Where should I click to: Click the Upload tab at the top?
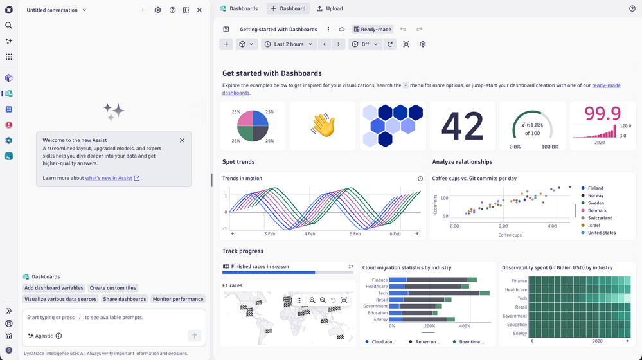tap(330, 8)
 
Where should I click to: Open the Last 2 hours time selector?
tap(289, 44)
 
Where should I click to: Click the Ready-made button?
tap(373, 30)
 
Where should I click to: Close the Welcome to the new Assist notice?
tap(183, 140)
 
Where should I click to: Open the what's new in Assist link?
tap(109, 178)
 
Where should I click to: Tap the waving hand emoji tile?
tap(323, 126)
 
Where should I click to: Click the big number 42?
tap(462, 126)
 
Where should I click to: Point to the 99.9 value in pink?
tap(602, 113)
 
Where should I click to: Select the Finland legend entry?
tap(595, 188)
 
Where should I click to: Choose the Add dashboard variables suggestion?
tap(53, 288)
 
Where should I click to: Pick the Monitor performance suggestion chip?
tap(178, 299)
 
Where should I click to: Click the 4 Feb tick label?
tap(310, 234)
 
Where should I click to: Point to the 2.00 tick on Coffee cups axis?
tap(503, 226)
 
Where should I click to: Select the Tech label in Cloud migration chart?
tap(383, 293)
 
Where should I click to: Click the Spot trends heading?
tap(238, 162)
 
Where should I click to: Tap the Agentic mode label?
tap(44, 336)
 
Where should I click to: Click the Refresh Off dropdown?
tap(365, 44)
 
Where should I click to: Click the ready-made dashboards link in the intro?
tap(422, 89)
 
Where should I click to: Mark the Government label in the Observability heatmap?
tap(515, 316)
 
